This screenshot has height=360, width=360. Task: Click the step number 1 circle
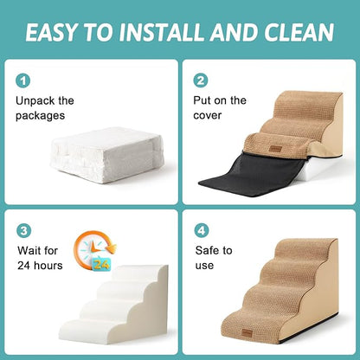point(23,80)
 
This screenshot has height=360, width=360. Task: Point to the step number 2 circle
point(200,80)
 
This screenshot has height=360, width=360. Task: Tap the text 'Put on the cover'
point(220,107)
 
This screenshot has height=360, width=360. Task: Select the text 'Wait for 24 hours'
point(39,258)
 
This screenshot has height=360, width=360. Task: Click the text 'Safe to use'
point(214,258)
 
